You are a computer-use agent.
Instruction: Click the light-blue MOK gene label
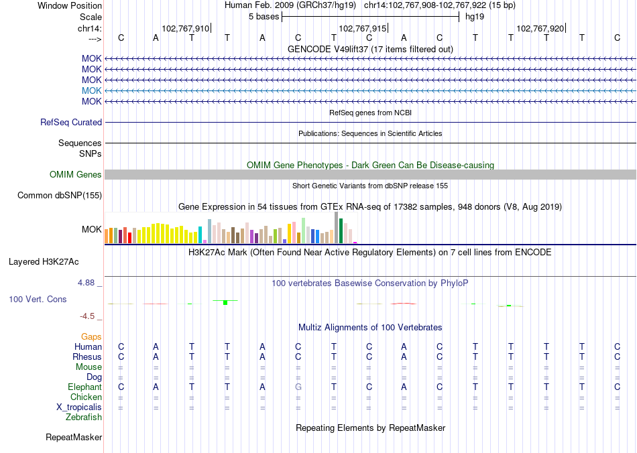pyautogui.click(x=92, y=90)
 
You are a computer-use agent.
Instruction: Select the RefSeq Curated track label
pyautogui.click(x=71, y=123)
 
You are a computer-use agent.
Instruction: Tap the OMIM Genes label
pyautogui.click(x=76, y=174)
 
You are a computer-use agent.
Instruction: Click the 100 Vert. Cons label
pyautogui.click(x=38, y=299)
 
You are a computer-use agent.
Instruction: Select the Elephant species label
pyautogui.click(x=84, y=387)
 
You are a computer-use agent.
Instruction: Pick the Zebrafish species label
pyautogui.click(x=84, y=417)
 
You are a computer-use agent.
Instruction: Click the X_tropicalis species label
pyautogui.click(x=79, y=407)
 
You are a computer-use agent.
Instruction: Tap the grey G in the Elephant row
pyautogui.click(x=298, y=387)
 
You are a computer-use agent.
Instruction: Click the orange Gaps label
pyautogui.click(x=91, y=336)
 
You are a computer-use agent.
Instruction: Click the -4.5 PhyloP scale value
pyautogui.click(x=88, y=316)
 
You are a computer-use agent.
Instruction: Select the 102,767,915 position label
pyautogui.click(x=363, y=28)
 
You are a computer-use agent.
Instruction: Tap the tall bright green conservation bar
pyautogui.click(x=225, y=302)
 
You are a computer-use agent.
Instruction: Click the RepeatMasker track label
pyautogui.click(x=74, y=438)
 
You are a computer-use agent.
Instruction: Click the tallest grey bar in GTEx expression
pyautogui.click(x=336, y=228)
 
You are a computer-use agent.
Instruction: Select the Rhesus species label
pyautogui.click(x=87, y=357)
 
